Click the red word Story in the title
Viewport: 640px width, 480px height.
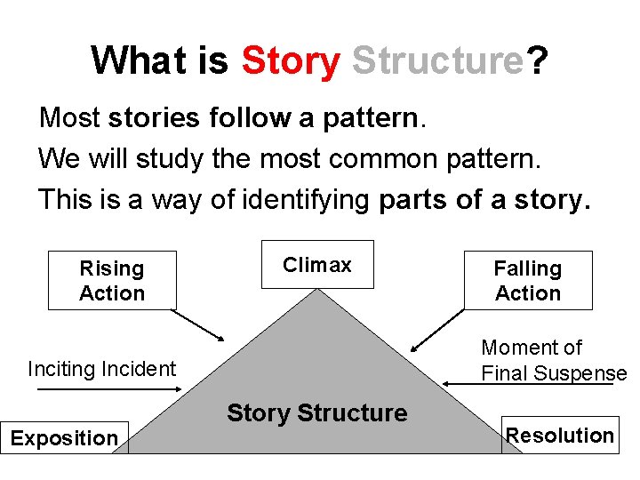click(290, 60)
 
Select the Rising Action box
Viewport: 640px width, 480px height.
click(112, 280)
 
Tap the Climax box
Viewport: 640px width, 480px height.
click(317, 265)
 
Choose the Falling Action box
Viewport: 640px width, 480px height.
click(528, 280)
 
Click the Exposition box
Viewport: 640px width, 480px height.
click(64, 437)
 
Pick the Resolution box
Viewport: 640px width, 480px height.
click(560, 435)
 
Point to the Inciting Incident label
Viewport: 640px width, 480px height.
click(102, 368)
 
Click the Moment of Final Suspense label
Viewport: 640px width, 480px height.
click(553, 360)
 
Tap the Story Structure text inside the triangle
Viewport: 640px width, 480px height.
click(317, 412)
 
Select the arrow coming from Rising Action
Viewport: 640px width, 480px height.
click(197, 325)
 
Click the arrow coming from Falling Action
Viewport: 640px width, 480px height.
click(437, 327)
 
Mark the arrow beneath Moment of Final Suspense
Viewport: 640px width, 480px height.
click(533, 384)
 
